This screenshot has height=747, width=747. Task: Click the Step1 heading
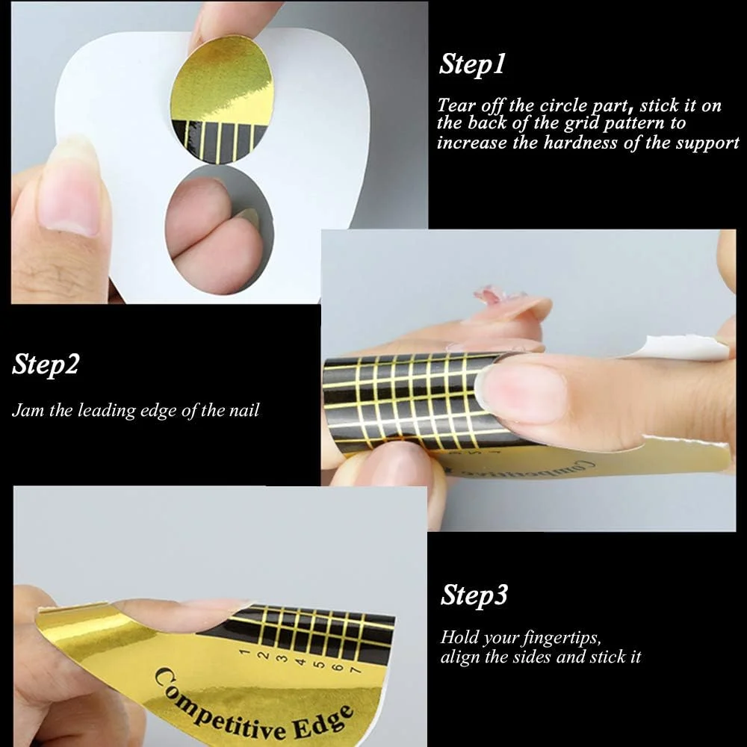click(471, 64)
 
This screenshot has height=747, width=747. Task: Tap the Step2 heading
click(46, 365)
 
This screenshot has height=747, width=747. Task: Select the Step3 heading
click(474, 595)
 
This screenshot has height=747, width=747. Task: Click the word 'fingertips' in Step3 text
click(562, 638)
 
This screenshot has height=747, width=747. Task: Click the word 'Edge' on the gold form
click(323, 721)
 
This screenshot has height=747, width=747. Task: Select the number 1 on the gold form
click(244, 651)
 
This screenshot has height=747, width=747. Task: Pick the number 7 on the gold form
click(354, 670)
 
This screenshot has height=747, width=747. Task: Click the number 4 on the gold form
click(300, 661)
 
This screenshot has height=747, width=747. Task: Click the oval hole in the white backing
click(219, 229)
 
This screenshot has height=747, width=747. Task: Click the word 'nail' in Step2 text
click(244, 410)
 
